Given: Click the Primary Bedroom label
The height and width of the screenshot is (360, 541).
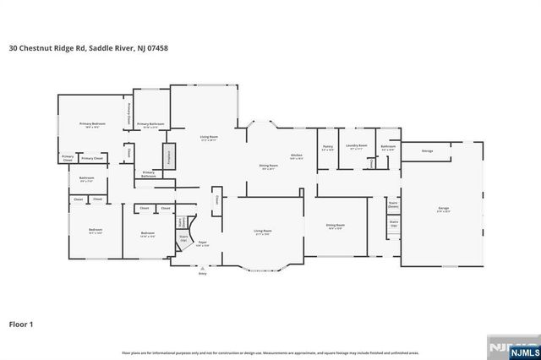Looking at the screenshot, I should (92, 124).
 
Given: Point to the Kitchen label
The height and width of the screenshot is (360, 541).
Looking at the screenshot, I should (297, 156).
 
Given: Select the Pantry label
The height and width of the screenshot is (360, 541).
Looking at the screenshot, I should (327, 146).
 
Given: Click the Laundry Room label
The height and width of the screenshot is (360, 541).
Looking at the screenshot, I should (357, 146).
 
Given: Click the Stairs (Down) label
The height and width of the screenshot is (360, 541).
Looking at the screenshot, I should (393, 204).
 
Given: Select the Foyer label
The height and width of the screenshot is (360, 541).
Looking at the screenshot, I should (202, 243).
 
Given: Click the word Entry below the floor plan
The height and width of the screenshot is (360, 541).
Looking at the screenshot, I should (202, 274).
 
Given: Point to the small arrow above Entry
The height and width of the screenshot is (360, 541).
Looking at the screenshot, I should (202, 267).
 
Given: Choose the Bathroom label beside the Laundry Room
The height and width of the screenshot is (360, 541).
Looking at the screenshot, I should (388, 146).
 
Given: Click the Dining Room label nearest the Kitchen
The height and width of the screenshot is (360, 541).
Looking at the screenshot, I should (268, 166).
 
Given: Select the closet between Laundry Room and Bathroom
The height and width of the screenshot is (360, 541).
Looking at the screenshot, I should (373, 163).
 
